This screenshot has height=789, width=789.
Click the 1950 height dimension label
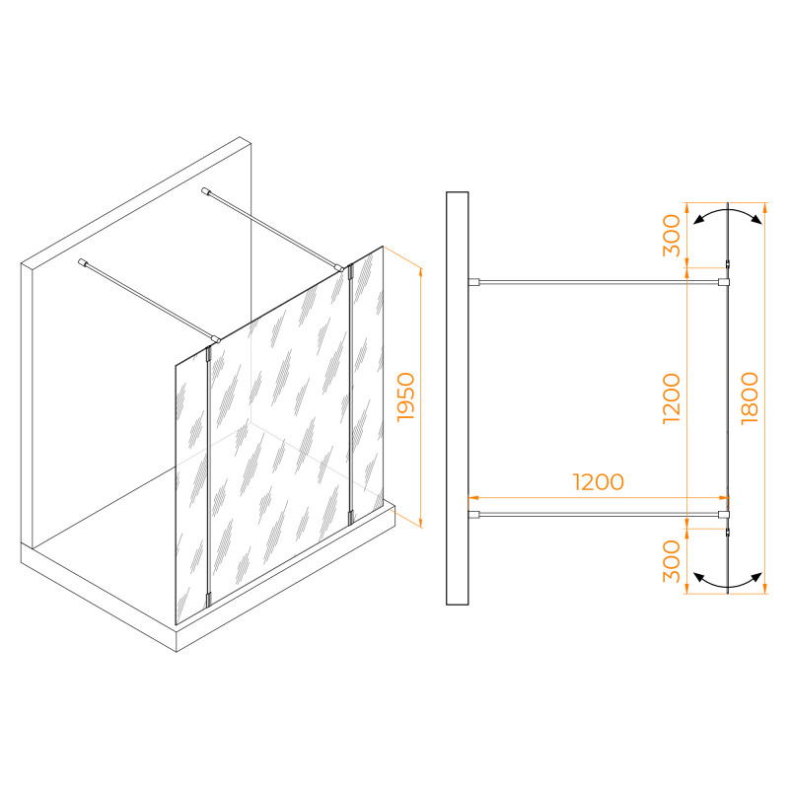click(x=405, y=396)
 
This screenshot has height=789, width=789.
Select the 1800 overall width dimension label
click(x=750, y=397)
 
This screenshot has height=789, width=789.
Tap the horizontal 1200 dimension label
click(x=599, y=481)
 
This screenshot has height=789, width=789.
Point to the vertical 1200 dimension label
click(x=672, y=398)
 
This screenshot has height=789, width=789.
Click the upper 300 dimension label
click(x=672, y=235)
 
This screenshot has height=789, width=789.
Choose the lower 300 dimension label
click(x=672, y=561)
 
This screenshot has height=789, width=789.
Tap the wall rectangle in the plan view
click(x=457, y=398)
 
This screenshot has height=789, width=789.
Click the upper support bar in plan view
click(x=599, y=282)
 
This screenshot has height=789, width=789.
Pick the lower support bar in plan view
click(x=599, y=514)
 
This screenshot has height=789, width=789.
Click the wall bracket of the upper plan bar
click(x=474, y=282)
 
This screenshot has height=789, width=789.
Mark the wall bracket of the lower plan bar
click(x=474, y=514)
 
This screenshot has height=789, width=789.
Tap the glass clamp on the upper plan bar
click(x=724, y=282)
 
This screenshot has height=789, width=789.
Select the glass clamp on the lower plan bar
click(x=724, y=514)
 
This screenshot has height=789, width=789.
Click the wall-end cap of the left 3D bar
click(x=82, y=262)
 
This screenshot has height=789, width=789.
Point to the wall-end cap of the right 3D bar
click(x=205, y=191)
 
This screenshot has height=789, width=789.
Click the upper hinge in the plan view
click(x=728, y=264)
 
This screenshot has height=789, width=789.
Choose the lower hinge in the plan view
click(x=728, y=532)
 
